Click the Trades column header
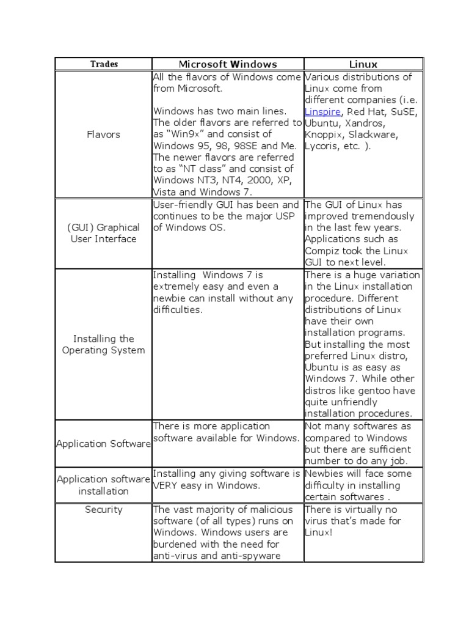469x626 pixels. (x=104, y=64)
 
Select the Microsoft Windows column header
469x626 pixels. (x=228, y=64)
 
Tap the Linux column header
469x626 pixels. (x=363, y=64)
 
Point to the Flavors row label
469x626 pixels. (x=103, y=134)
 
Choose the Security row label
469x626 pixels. (x=103, y=509)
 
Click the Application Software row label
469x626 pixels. (x=103, y=444)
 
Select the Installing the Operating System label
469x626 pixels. (x=103, y=344)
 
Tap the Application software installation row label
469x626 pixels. (x=103, y=485)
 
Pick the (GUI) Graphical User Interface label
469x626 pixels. (x=103, y=233)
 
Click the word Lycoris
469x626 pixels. (x=323, y=146)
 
